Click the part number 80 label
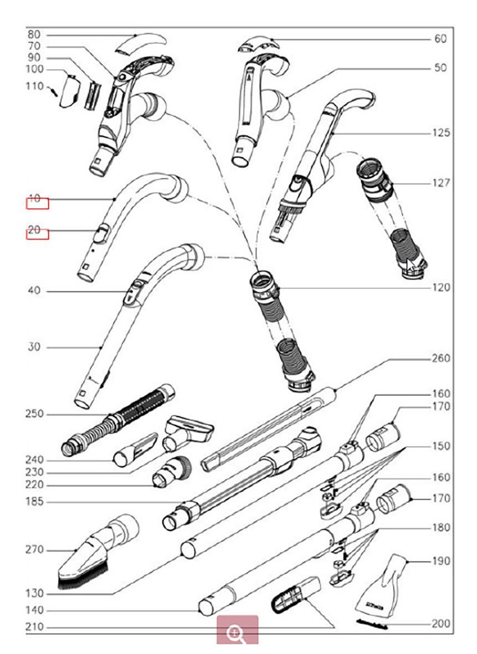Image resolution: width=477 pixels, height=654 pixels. (x=34, y=34)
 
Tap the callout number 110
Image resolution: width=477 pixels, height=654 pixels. (x=34, y=86)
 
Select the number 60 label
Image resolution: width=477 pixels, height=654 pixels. (x=440, y=39)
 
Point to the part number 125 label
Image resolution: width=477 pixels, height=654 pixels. (x=441, y=133)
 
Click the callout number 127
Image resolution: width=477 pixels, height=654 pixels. (x=441, y=183)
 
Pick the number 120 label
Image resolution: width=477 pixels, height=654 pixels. (x=441, y=287)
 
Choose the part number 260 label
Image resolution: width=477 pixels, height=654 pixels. (x=441, y=358)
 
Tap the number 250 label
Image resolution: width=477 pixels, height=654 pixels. (x=34, y=414)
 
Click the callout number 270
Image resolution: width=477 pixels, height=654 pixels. (x=34, y=550)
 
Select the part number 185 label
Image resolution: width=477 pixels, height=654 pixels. (x=34, y=502)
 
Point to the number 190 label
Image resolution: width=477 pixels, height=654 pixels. (x=441, y=561)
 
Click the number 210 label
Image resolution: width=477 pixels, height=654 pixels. (x=34, y=627)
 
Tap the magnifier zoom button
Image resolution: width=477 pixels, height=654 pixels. (x=237, y=631)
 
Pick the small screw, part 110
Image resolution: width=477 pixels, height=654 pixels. (x=54, y=90)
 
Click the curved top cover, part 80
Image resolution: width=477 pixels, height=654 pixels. (x=141, y=42)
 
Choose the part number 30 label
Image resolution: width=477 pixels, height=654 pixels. (x=34, y=347)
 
